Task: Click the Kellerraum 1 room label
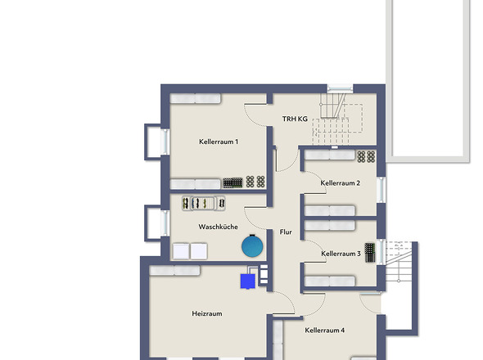click(219, 142)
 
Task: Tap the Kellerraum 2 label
click(340, 183)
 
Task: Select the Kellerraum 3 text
click(341, 254)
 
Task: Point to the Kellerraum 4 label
click(325, 330)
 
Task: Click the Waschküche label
click(218, 227)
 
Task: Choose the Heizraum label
click(207, 313)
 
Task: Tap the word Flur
click(286, 232)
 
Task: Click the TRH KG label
click(295, 119)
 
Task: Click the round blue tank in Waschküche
click(252, 246)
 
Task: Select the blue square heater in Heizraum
click(248, 281)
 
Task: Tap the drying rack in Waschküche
click(204, 203)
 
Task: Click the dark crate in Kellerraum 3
click(370, 253)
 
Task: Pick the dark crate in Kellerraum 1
click(232, 182)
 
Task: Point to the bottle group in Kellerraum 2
click(366, 156)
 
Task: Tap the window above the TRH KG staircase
click(340, 89)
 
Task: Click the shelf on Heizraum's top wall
click(174, 270)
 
